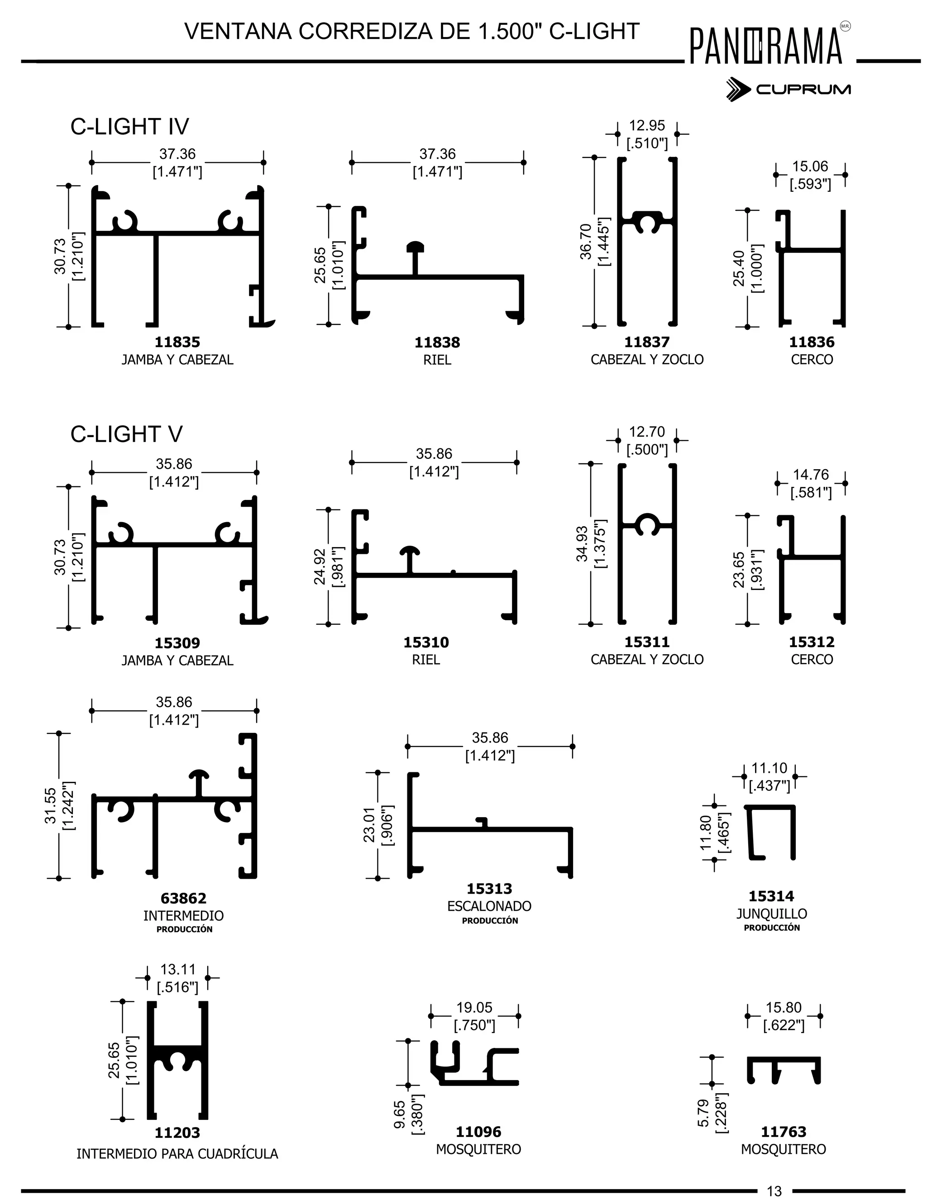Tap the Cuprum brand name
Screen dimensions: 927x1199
coord(803,90)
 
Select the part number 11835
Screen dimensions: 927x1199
coord(177,342)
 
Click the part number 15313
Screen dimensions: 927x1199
coord(489,888)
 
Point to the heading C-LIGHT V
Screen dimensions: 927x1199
coord(126,434)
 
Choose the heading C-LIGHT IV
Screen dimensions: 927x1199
coord(129,127)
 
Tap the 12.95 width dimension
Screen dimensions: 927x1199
coord(647,126)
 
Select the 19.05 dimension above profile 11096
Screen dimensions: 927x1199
coord(474,1008)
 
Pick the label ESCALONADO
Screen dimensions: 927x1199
coord(489,906)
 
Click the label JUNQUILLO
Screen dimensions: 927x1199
coord(772,914)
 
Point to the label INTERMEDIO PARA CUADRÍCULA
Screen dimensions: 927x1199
coord(177,1154)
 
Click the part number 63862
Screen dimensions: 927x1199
coord(183,898)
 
